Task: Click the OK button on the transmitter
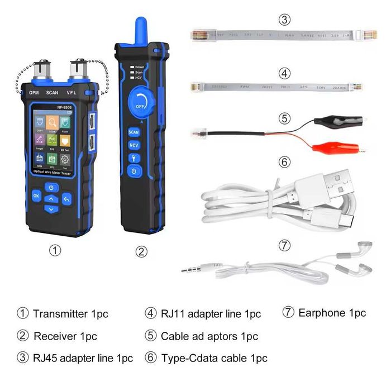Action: pyautogui.click(x=36, y=195)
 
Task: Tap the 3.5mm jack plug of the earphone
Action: pyautogui.click(x=193, y=270)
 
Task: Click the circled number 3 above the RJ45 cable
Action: pyautogui.click(x=285, y=21)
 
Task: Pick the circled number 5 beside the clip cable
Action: pyautogui.click(x=285, y=119)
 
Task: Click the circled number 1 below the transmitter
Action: pyautogui.click(x=55, y=251)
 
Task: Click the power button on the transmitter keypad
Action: pyautogui.click(x=51, y=187)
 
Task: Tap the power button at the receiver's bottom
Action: pyautogui.click(x=134, y=169)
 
